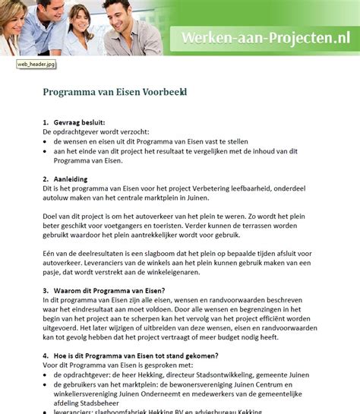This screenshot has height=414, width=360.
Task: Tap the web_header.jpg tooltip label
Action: (x=36, y=65)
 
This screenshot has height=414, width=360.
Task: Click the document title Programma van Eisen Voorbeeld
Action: (x=114, y=92)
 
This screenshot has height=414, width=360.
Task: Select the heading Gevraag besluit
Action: (x=79, y=122)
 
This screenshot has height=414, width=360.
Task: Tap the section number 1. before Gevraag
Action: (x=46, y=122)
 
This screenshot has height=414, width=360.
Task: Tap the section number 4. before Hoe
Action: (x=46, y=355)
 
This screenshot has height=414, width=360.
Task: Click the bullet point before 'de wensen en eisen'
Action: (x=46, y=141)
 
